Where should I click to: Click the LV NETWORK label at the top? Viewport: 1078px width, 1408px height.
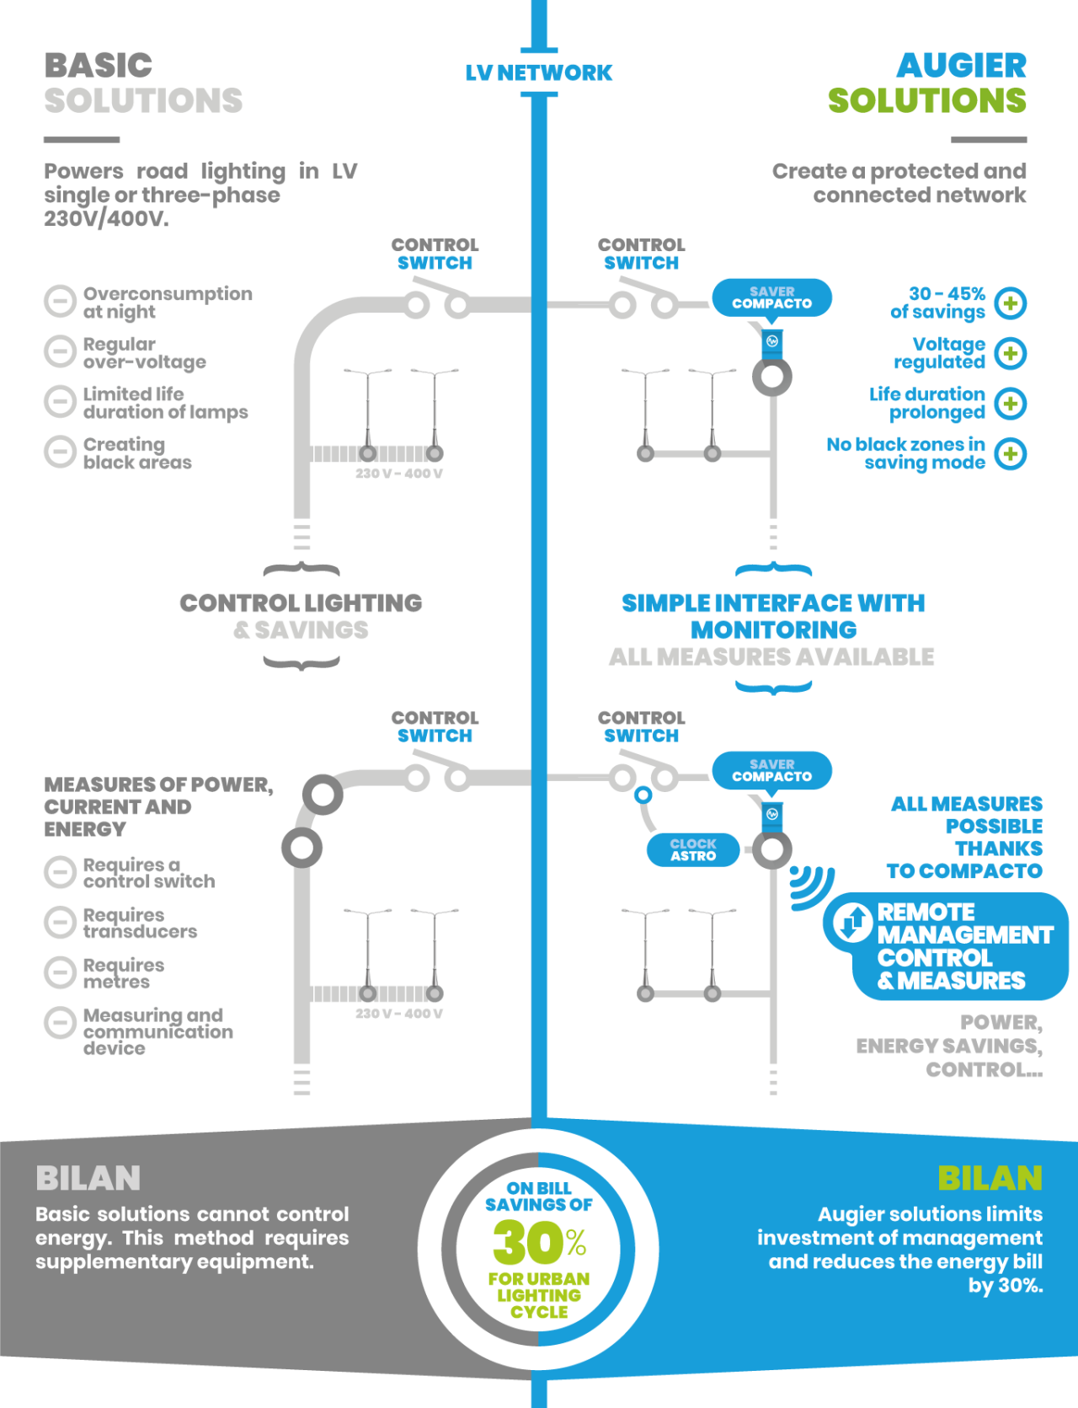pyautogui.click(x=539, y=72)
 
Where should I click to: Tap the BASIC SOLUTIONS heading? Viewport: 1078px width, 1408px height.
pyautogui.click(x=143, y=83)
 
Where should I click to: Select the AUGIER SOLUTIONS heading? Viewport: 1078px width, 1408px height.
pyautogui.click(x=927, y=83)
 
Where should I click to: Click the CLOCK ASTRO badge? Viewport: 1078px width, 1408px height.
pyautogui.click(x=693, y=849)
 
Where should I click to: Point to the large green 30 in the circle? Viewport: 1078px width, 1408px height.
pyautogui.click(x=527, y=1242)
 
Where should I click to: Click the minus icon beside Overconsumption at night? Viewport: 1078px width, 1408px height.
pyautogui.click(x=60, y=302)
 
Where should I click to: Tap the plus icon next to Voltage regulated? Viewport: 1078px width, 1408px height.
pyautogui.click(x=1011, y=353)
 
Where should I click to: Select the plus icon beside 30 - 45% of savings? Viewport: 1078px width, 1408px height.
pyautogui.click(x=1011, y=303)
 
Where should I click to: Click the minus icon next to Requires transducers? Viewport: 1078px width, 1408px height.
pyautogui.click(x=60, y=922)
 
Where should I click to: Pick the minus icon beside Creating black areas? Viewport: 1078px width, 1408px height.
pyautogui.click(x=60, y=452)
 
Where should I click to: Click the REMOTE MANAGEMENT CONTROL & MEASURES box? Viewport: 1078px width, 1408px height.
pyautogui.click(x=947, y=946)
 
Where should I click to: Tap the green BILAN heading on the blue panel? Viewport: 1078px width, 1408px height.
pyautogui.click(x=990, y=1178)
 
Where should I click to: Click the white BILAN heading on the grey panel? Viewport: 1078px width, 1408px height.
pyautogui.click(x=88, y=1178)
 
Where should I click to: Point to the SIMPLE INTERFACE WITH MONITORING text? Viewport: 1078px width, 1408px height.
pyautogui.click(x=773, y=616)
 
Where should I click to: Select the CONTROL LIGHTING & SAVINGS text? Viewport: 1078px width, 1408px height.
pyautogui.click(x=301, y=616)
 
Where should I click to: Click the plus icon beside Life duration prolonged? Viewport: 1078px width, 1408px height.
pyautogui.click(x=1011, y=404)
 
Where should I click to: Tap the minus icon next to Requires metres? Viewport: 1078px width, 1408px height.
pyautogui.click(x=60, y=972)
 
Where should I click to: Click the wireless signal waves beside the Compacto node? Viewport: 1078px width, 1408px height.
pyautogui.click(x=809, y=886)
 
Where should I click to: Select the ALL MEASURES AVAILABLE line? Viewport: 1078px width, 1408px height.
pyautogui.click(x=771, y=656)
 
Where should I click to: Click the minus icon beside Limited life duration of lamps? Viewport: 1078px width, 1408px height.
pyautogui.click(x=60, y=402)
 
